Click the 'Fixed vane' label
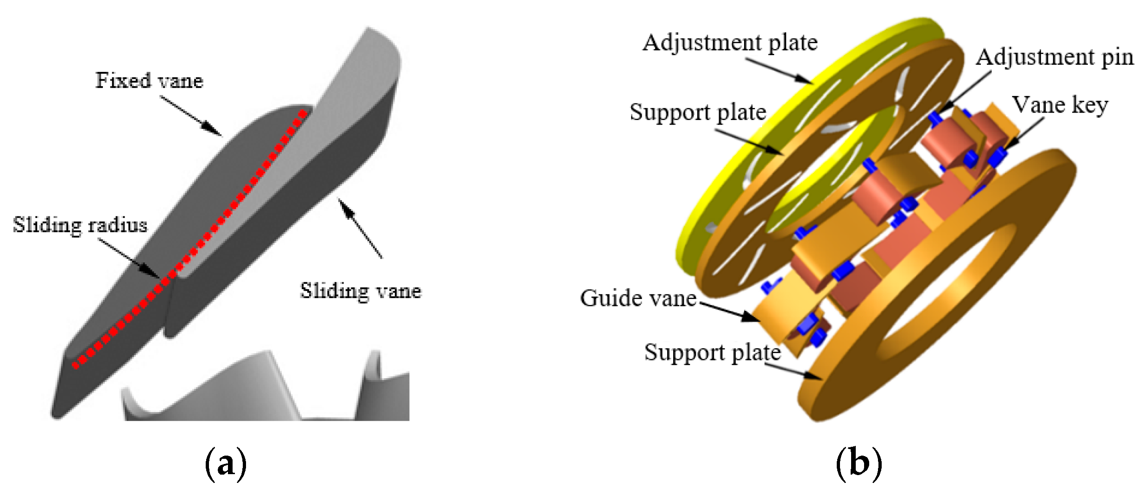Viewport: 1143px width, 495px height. pyautogui.click(x=149, y=80)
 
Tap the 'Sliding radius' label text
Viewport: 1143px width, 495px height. pyautogui.click(x=80, y=225)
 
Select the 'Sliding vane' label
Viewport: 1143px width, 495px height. pyautogui.click(x=360, y=291)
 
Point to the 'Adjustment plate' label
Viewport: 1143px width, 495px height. pyautogui.click(x=730, y=43)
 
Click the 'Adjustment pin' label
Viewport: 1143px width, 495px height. pyautogui.click(x=1055, y=57)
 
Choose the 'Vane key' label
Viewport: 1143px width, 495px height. pyautogui.click(x=1060, y=105)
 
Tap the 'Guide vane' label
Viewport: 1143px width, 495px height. pyautogui.click(x=638, y=298)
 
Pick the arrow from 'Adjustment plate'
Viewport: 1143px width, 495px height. pyautogui.click(x=778, y=71)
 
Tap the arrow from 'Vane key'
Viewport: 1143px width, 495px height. pyautogui.click(x=1022, y=134)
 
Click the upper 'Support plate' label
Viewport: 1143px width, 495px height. pyautogui.click(x=698, y=112)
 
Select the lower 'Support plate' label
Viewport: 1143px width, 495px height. pyautogui.click(x=712, y=352)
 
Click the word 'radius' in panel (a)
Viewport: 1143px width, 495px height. pyautogui.click(x=118, y=225)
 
